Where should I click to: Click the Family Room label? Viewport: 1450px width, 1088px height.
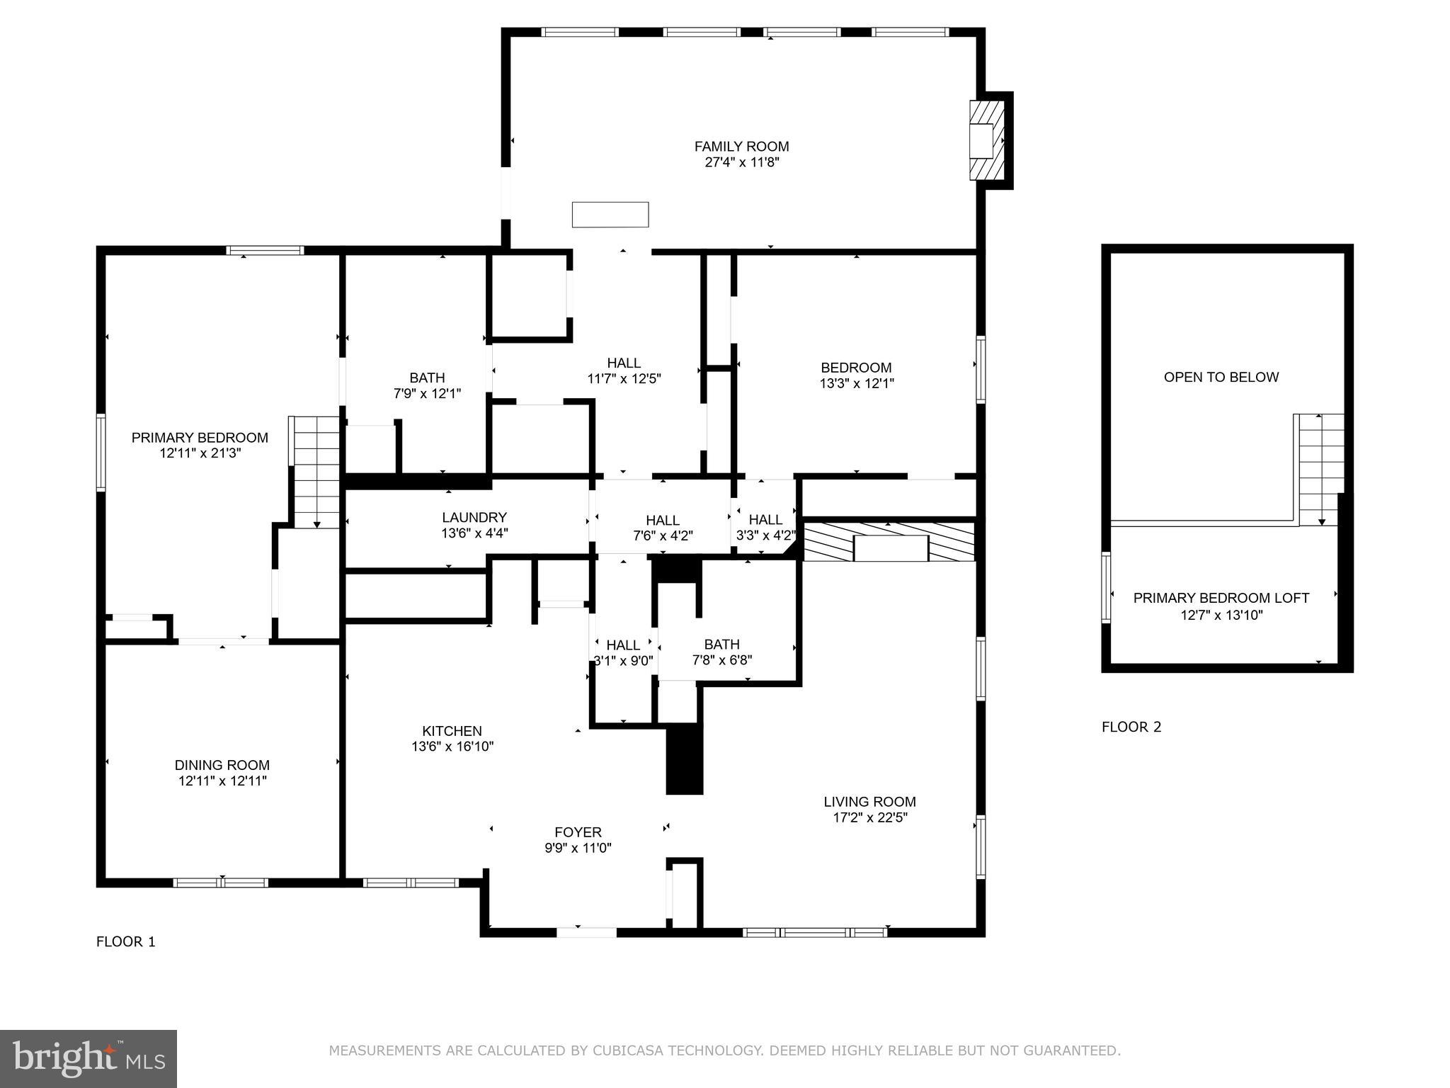741,147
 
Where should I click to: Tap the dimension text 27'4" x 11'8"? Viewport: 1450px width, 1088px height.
741,162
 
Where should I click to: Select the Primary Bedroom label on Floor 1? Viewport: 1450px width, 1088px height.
200,438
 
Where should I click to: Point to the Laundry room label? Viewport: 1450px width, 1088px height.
474,518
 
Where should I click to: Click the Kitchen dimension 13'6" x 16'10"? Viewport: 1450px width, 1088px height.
452,747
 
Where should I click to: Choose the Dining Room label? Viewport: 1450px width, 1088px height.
222,765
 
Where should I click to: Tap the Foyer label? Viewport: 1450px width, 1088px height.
578,832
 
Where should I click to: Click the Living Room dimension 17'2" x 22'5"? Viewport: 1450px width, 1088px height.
869,817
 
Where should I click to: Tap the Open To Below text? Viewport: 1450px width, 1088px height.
1221,378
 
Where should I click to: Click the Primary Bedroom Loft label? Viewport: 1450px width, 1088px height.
1221,598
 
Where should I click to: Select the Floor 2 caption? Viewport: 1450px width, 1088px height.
1131,727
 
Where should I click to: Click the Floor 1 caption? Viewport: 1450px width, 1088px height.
125,941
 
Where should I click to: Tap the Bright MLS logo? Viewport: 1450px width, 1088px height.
88,1058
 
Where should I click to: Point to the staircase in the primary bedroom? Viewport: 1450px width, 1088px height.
315,471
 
